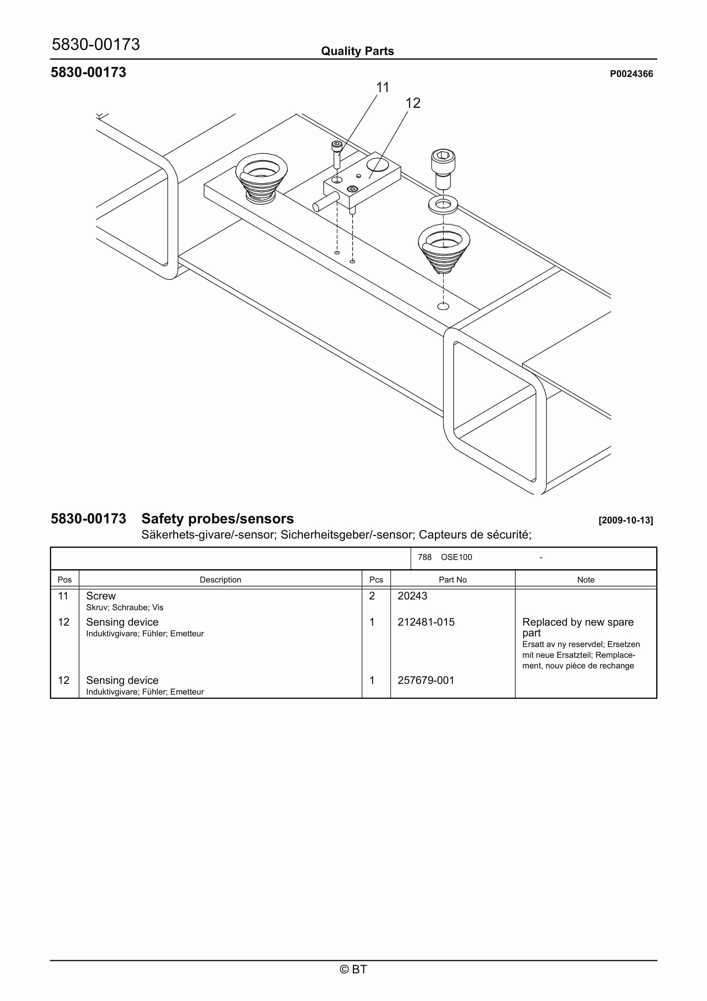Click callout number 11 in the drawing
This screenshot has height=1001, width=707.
[x=382, y=88]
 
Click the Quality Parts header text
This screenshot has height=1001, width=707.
[x=357, y=51]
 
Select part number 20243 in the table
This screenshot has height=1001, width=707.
[x=412, y=596]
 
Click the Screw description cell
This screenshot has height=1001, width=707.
[x=101, y=596]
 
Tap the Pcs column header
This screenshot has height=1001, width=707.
[x=376, y=580]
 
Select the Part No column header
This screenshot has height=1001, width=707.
[x=452, y=580]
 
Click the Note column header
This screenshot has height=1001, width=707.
[x=586, y=580]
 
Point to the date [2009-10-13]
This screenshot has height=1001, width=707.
[x=626, y=520]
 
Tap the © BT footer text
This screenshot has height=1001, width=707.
[x=353, y=969]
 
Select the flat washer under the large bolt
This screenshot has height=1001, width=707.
[x=443, y=204]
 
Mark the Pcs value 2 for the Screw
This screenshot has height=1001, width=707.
[x=372, y=596]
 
